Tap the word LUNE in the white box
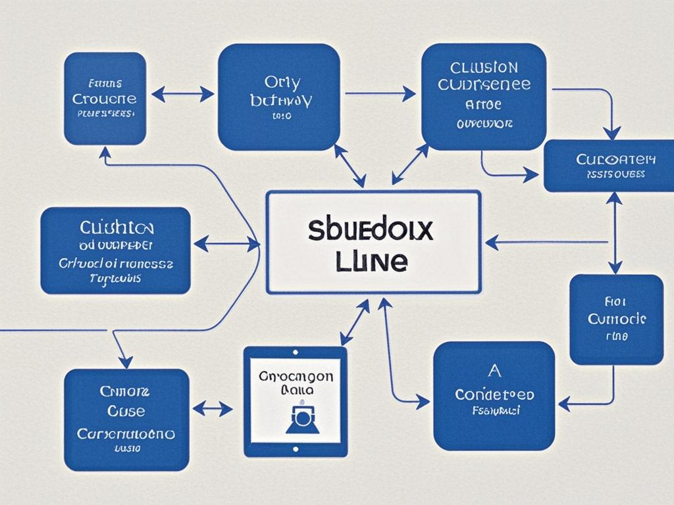[x=371, y=261]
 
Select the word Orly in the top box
[x=282, y=83]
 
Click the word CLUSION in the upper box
[x=484, y=68]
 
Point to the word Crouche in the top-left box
[x=105, y=99]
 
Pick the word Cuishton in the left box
[x=117, y=228]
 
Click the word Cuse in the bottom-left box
[x=126, y=412]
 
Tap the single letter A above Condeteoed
[x=494, y=371]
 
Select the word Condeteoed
[x=494, y=395]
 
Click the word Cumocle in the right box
[x=616, y=319]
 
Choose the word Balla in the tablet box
[x=296, y=390]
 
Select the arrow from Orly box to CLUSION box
[x=380, y=93]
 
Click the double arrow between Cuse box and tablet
[x=213, y=409]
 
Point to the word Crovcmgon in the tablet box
[x=296, y=376]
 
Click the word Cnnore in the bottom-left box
[x=125, y=391]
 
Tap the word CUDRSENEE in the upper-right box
[x=484, y=85]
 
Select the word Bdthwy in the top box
[x=281, y=101]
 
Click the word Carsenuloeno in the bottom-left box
[x=126, y=434]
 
